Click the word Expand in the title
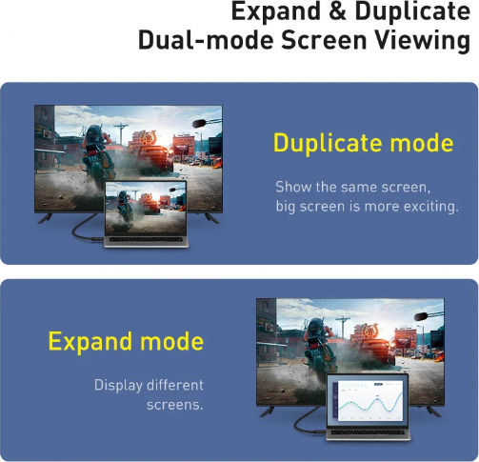(276, 12)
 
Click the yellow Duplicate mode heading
(364, 144)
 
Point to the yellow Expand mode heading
(126, 342)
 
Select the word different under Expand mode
(175, 385)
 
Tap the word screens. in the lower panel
(175, 405)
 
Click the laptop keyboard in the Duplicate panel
(147, 239)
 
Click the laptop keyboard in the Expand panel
(368, 432)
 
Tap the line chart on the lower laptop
(370, 402)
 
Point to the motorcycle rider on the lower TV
(320, 346)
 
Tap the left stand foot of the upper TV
(45, 218)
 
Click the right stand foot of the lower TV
(433, 412)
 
